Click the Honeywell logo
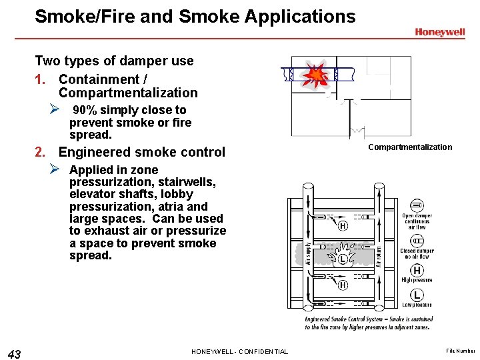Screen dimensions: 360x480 point(440,31)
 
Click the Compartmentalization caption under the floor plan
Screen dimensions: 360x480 point(410,147)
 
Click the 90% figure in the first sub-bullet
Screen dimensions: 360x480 point(84,110)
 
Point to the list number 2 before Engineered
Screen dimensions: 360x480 point(41,152)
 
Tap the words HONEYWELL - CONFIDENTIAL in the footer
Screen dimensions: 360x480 point(239,351)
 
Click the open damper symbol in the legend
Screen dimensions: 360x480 point(417,205)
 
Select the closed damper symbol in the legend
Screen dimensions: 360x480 point(417,240)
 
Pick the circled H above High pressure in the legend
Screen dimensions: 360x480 point(417,270)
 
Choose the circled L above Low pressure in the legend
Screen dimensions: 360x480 point(417,295)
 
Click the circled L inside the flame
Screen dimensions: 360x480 point(342,259)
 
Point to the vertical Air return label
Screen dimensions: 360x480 point(378,253)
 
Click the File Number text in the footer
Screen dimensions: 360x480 point(461,351)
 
